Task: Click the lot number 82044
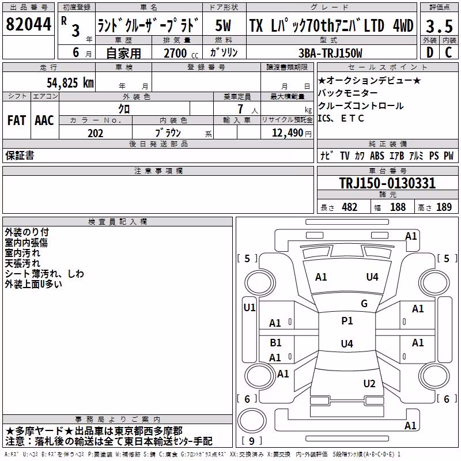pos(28,24)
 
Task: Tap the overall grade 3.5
pos(439,26)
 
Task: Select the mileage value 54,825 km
pos(70,83)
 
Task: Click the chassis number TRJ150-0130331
pos(387,183)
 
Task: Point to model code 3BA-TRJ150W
pos(330,53)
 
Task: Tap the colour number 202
pos(95,133)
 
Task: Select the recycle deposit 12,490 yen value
pos(292,133)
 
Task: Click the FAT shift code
pos(17,120)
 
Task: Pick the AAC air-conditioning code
pos(44,120)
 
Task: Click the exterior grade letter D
pos(429,52)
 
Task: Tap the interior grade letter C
pos(448,52)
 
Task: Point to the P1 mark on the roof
pos(347,321)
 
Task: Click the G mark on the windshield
pos(364,304)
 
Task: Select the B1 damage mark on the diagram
pos(275,342)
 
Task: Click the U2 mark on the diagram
pos(369,383)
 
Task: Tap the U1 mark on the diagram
pos(250,308)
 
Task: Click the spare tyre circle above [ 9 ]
pos(252,421)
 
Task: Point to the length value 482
pos(349,207)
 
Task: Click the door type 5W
pos(223,25)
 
